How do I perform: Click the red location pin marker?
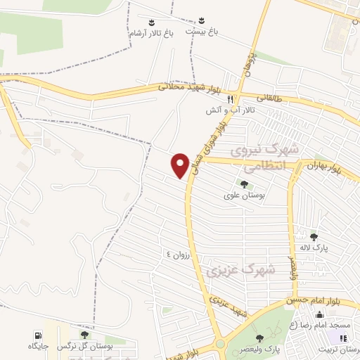tap(181, 165)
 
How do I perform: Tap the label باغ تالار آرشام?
tap(148, 32)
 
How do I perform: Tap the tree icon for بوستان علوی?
tap(244, 184)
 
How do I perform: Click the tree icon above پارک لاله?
tap(314, 236)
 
